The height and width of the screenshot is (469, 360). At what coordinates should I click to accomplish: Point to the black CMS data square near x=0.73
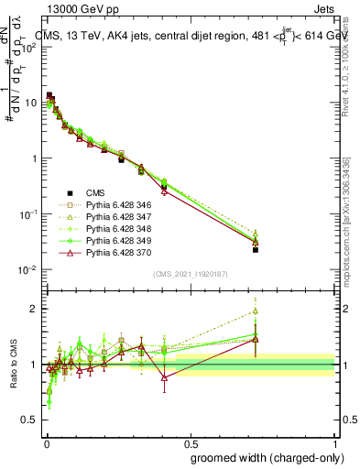click(256, 249)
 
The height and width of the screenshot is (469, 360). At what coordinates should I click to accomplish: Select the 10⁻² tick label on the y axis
click(27, 269)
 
